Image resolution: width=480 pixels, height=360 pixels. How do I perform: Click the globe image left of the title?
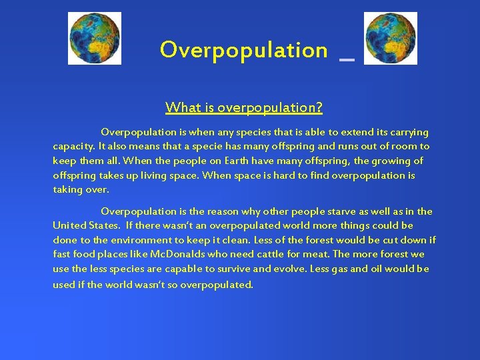[95, 38]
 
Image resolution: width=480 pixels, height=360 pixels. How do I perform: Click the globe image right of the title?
[391, 38]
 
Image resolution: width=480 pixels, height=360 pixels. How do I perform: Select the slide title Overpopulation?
[243, 50]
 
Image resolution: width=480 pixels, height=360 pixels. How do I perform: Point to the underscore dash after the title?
[346, 59]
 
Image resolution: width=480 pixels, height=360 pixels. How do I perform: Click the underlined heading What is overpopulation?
[244, 107]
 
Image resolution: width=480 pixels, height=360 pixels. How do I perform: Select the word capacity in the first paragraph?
[73, 146]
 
